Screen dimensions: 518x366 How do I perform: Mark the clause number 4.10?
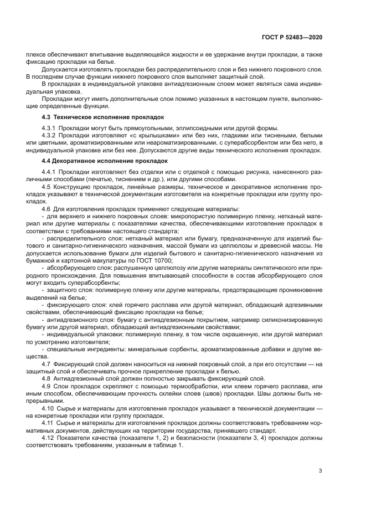(48, 409)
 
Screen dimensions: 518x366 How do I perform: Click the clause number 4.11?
(48, 424)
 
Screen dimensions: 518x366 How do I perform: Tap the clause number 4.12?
(48, 438)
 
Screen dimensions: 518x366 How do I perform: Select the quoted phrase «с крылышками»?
(126, 136)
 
